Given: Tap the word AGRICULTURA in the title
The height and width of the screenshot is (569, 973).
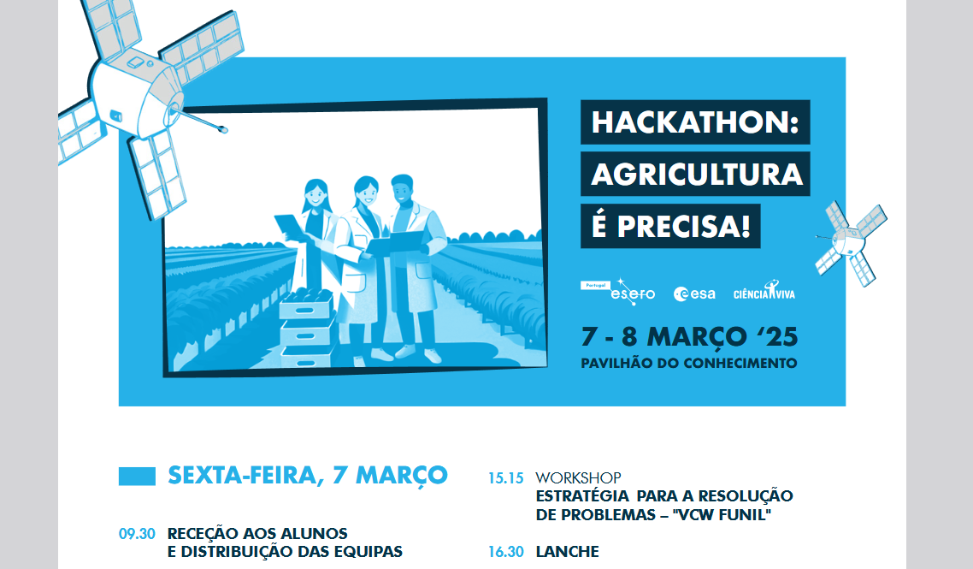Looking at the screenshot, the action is coord(696,174).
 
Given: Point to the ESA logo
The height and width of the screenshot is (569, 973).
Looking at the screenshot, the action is coord(694,293).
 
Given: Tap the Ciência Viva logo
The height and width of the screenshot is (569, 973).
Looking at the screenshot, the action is coord(764,291).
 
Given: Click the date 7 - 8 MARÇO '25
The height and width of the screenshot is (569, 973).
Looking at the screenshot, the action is coord(689,337).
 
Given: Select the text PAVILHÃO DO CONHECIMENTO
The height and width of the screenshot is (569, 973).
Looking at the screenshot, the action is coord(689,364).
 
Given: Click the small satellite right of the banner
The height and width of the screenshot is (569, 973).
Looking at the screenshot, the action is coord(851,243).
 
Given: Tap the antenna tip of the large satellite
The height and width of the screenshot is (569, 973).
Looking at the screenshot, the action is coord(224,130).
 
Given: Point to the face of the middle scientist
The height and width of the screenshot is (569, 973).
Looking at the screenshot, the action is coord(365,194).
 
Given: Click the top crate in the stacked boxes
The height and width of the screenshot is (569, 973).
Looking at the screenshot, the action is coord(307,305).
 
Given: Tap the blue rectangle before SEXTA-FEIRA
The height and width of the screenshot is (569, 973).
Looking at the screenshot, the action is coord(137,477).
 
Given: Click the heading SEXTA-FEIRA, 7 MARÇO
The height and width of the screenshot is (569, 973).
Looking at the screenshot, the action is coord(307,476).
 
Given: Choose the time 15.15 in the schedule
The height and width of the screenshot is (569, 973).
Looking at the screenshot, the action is coord(505,478).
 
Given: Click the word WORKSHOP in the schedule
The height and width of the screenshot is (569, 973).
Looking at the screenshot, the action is coord(578,477).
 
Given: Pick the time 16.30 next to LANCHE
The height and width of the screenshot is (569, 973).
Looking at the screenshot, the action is coord(505,552).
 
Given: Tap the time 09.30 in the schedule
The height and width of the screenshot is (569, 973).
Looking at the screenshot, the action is coord(137,534).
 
